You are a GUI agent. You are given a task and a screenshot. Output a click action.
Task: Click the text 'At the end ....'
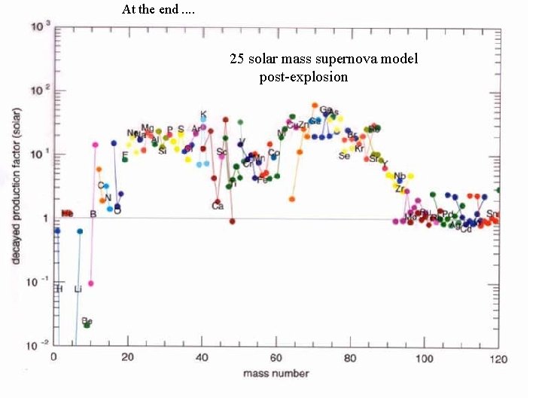click(157, 10)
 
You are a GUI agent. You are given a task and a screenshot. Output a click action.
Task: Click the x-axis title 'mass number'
click(276, 373)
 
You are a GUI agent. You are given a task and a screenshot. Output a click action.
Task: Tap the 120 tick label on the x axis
click(498, 357)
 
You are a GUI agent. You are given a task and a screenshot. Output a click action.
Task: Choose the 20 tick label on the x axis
click(127, 357)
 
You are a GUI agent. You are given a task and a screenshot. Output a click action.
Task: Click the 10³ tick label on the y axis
click(40, 27)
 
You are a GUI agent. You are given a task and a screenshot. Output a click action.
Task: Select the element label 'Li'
click(78, 289)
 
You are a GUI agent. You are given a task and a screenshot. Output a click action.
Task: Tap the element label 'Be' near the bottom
click(87, 320)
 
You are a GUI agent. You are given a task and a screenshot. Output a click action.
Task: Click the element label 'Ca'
click(218, 206)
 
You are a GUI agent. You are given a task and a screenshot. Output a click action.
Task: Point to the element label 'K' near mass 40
click(203, 115)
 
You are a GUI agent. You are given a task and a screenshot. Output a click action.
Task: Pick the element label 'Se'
click(344, 156)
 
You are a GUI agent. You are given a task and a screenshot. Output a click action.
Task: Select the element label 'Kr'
click(359, 148)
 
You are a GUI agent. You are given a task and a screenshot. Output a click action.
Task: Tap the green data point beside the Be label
click(87, 326)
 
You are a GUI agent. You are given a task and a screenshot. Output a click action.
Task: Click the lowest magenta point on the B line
click(90, 283)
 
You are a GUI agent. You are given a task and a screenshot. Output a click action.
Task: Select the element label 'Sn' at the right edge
click(492, 214)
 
